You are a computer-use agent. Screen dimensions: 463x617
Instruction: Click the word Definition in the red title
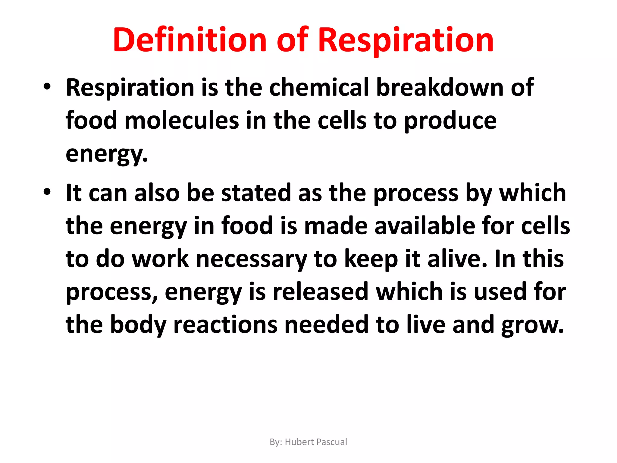coord(190,40)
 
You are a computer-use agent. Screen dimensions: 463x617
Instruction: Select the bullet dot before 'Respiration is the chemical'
coord(47,87)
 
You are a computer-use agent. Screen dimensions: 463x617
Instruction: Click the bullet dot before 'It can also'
coord(47,192)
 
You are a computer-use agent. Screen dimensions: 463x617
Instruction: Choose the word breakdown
coord(440,87)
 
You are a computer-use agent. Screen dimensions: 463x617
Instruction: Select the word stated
coord(256,193)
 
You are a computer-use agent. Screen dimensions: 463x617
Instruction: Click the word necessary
coord(252,259)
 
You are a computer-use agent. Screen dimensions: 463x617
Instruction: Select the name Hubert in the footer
coord(299,442)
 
